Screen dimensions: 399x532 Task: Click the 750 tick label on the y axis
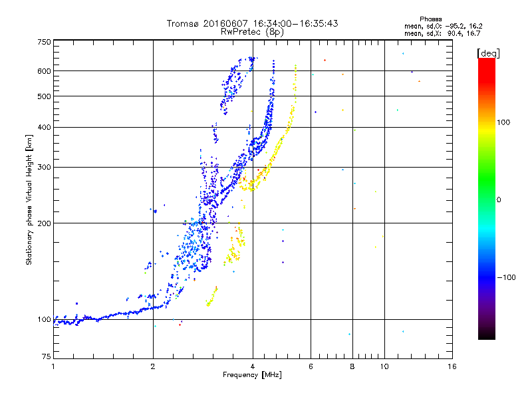pos(44,42)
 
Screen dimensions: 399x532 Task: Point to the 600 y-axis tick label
pos(44,71)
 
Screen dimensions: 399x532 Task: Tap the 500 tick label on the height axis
pos(44,96)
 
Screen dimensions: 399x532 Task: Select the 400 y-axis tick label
pos(44,127)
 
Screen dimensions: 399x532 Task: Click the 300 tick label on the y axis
pos(44,168)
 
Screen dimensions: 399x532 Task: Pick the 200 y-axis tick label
pos(44,223)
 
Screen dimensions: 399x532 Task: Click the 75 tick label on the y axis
pos(46,357)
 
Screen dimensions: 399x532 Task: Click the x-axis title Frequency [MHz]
pos(252,376)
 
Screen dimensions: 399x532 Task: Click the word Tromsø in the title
pos(182,23)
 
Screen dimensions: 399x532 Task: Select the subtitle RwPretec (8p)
pos(252,31)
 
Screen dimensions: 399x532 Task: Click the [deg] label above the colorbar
pos(489,52)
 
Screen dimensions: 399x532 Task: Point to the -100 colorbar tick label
pos(506,277)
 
